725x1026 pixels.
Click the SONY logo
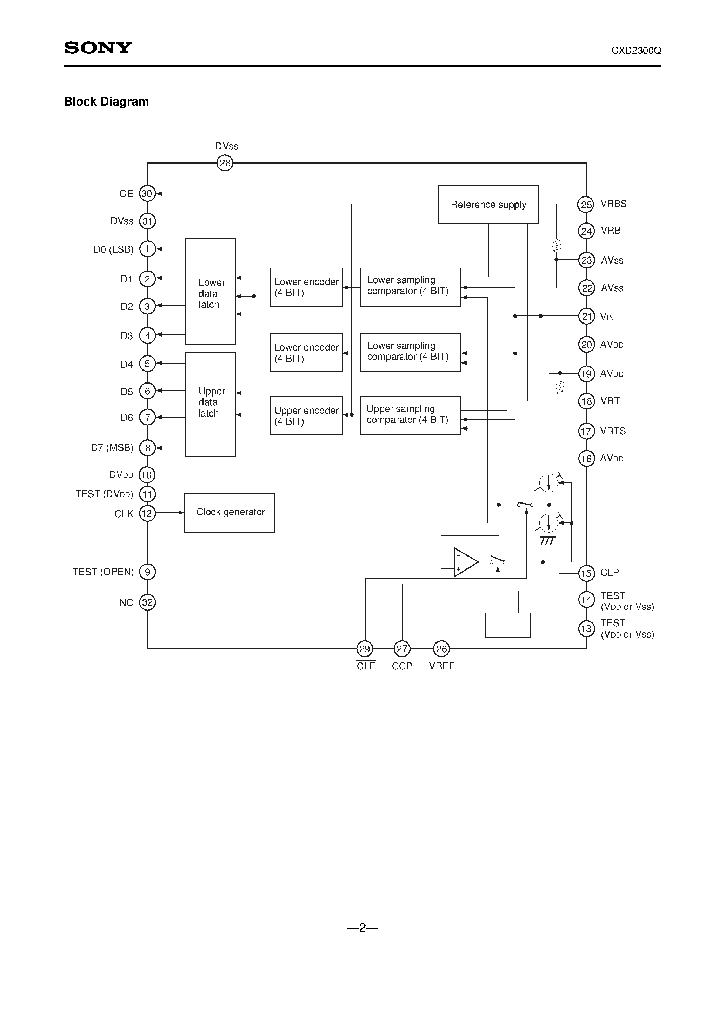click(x=98, y=48)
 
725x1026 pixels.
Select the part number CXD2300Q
click(x=636, y=51)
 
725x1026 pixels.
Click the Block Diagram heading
click(x=106, y=102)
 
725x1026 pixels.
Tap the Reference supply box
click(x=488, y=205)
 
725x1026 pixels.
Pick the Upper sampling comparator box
click(x=410, y=415)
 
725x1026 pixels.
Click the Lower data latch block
click(x=210, y=292)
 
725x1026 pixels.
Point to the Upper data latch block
click(x=210, y=405)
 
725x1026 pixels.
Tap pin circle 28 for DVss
click(x=225, y=163)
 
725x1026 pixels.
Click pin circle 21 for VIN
click(x=586, y=317)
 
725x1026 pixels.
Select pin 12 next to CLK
click(x=147, y=513)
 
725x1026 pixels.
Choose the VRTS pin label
click(x=613, y=431)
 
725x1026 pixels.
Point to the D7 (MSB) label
click(x=112, y=448)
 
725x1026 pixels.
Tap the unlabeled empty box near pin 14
click(x=507, y=625)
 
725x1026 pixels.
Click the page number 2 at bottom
click(x=362, y=928)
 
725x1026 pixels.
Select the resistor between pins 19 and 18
click(x=560, y=387)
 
